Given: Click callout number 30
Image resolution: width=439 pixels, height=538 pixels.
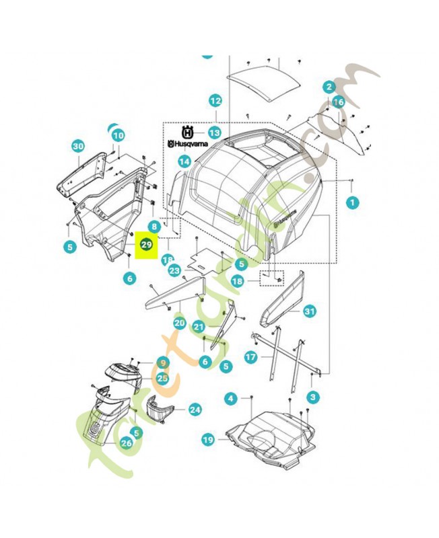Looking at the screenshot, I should pyautogui.click(x=78, y=147).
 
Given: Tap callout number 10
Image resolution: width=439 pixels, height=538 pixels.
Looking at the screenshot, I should pyautogui.click(x=119, y=135).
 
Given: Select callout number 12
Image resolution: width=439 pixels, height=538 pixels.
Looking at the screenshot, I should pyautogui.click(x=215, y=102).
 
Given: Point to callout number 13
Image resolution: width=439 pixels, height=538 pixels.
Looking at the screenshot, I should pyautogui.click(x=215, y=132).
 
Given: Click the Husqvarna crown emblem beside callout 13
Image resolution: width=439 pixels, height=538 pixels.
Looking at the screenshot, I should pyautogui.click(x=188, y=132).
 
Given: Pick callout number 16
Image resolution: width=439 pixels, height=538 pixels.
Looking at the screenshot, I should pyautogui.click(x=338, y=102).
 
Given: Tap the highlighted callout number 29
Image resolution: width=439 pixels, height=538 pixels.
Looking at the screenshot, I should pyautogui.click(x=147, y=245).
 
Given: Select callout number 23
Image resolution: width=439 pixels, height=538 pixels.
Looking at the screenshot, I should pyautogui.click(x=174, y=271).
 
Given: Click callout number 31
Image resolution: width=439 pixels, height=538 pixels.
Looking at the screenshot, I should pyautogui.click(x=309, y=311).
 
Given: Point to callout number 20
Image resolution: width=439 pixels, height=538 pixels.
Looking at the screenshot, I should pyautogui.click(x=178, y=323).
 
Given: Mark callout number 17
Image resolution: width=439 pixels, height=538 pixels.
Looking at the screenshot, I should pyautogui.click(x=250, y=358).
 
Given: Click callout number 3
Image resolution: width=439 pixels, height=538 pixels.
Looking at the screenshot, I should pyautogui.click(x=314, y=397).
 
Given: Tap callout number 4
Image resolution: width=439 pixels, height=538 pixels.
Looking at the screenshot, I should pyautogui.click(x=230, y=399).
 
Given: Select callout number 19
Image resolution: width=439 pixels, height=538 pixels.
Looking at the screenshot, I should pyautogui.click(x=208, y=440).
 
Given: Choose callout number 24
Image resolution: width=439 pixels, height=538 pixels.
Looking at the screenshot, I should pyautogui.click(x=195, y=408).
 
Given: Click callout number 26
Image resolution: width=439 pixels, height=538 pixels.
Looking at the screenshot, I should pyautogui.click(x=126, y=443).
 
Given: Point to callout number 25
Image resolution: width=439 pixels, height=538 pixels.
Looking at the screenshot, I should pyautogui.click(x=162, y=379).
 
